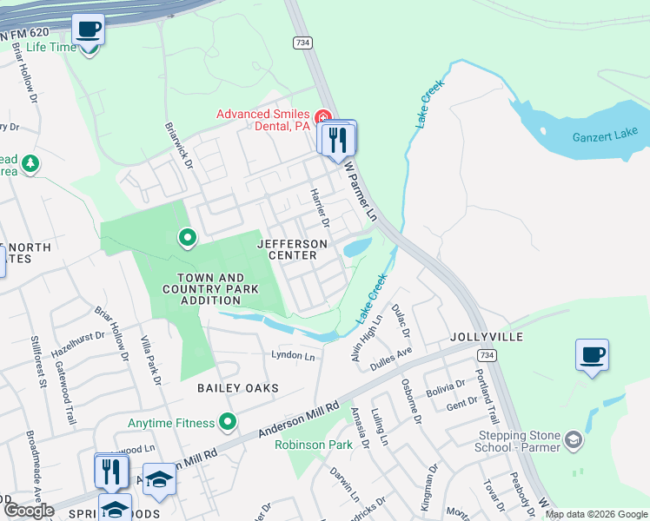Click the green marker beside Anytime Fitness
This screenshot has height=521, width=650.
click(x=228, y=423)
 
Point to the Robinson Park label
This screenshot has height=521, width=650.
click(x=314, y=445)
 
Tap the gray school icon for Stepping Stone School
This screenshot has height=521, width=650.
click(x=573, y=440)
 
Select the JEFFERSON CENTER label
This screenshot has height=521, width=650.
click(x=293, y=250)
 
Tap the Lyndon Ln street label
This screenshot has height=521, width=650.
click(x=293, y=356)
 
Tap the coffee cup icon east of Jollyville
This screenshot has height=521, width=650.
click(x=592, y=354)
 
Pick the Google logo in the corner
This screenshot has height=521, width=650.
click(x=28, y=511)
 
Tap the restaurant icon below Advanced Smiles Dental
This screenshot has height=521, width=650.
click(x=336, y=138)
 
